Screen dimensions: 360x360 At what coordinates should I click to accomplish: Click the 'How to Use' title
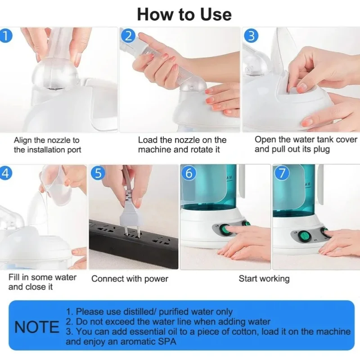184,14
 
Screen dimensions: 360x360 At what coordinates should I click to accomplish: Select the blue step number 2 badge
128,36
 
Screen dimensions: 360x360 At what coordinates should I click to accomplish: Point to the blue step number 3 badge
252,36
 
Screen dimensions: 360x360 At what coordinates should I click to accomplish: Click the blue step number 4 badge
5,173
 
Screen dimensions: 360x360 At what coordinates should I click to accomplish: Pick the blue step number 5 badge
98,173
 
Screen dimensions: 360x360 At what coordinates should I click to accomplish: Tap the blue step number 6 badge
189,173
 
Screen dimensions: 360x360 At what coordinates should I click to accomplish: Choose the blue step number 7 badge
282,173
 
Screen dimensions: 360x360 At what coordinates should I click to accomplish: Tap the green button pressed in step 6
225,229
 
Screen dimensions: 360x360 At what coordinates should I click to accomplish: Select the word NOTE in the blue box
37,327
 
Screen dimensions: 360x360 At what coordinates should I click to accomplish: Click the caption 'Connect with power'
130,279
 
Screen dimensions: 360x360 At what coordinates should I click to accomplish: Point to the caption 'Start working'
264,279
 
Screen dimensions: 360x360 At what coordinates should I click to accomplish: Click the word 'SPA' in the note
167,342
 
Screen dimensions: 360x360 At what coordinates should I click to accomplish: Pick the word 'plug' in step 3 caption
321,149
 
